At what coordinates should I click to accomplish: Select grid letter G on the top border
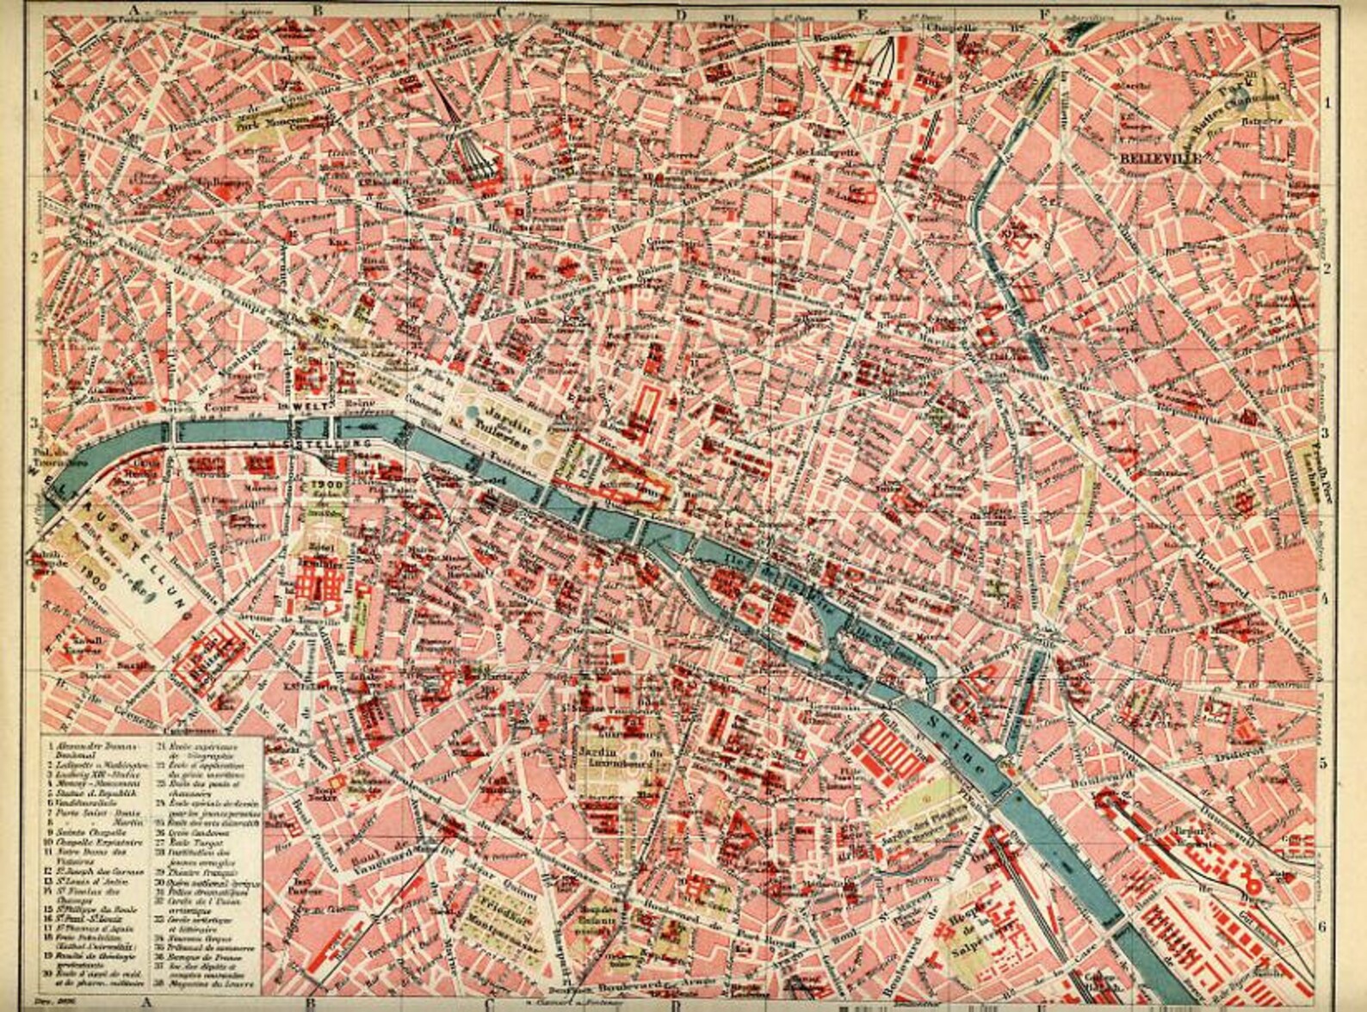click(1229, 13)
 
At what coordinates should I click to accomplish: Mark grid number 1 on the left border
click(36, 96)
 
